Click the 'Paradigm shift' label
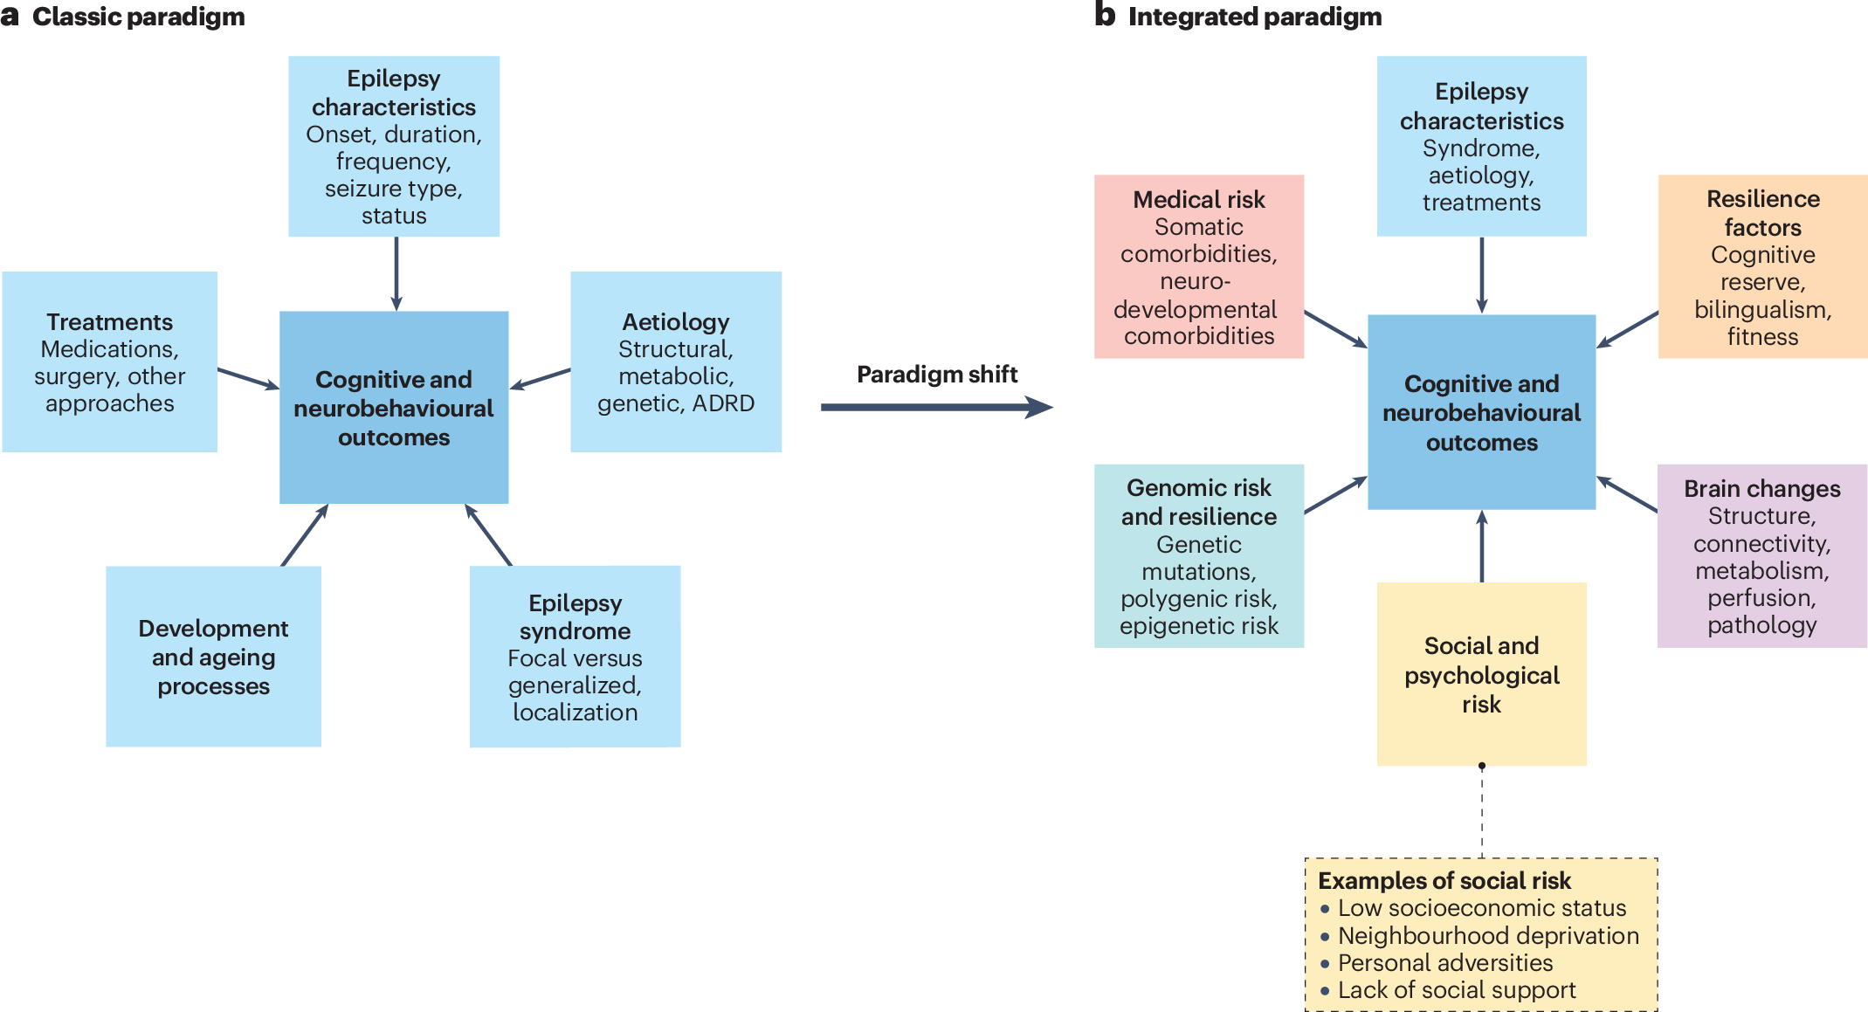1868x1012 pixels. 936,375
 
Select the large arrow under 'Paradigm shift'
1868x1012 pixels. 935,407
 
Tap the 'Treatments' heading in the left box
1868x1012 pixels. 109,322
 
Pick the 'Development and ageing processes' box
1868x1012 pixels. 213,656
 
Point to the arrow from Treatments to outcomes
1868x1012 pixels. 247,378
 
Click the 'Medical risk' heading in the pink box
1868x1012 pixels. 1198,200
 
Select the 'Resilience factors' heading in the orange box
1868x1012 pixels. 1762,213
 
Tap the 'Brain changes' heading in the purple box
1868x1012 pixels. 1761,489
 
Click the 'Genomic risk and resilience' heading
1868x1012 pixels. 1198,502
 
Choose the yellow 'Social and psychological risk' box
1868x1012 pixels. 1481,674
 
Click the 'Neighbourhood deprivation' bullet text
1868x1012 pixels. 1488,936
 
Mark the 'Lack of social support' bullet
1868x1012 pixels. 1456,990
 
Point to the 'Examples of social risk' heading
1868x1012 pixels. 1444,880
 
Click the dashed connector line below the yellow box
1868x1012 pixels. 1482,812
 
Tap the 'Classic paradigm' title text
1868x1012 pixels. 138,17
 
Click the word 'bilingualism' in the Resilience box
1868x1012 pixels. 1762,310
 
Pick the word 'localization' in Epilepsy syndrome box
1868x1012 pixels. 575,713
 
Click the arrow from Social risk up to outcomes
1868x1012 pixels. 1482,546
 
